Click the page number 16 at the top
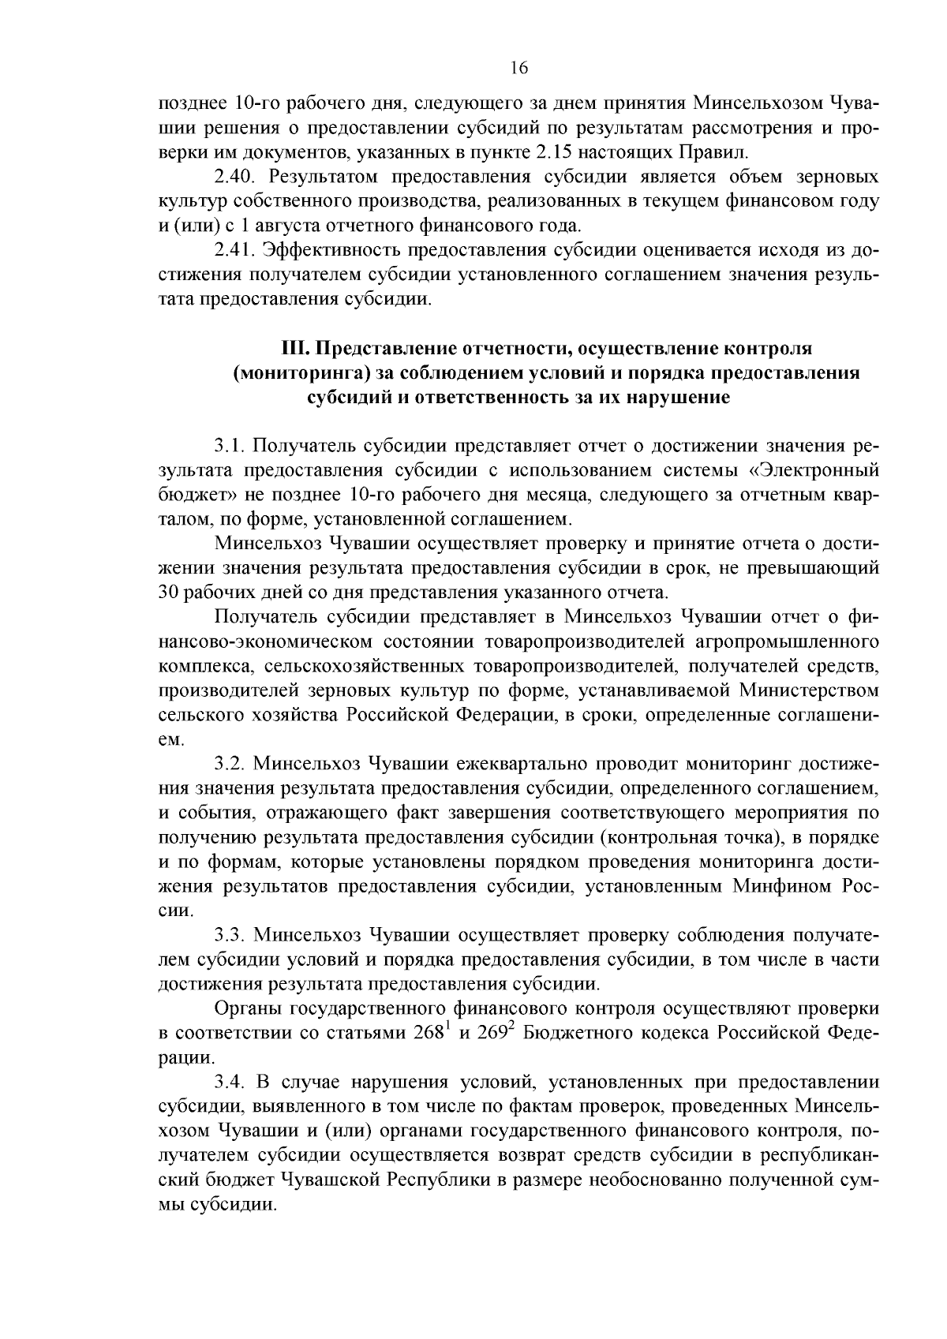tap(518, 68)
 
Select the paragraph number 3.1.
tap(228, 446)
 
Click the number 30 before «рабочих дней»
tap(170, 592)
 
